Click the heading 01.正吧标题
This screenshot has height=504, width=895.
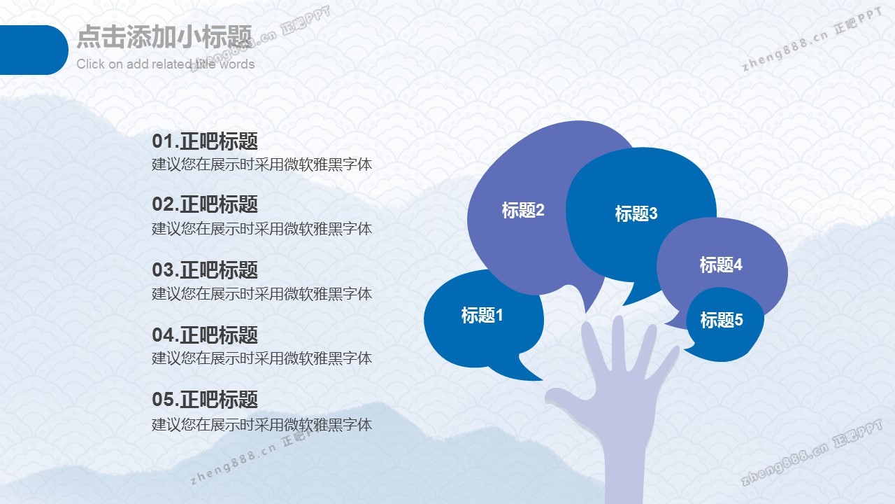(205, 141)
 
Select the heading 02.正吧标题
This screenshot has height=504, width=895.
(205, 204)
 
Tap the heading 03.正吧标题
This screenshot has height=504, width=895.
(205, 269)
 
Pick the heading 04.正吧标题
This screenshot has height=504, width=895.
(205, 335)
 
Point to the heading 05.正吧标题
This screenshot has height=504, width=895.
(205, 399)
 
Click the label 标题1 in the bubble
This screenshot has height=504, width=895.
(482, 315)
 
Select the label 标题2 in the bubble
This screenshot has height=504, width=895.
(523, 210)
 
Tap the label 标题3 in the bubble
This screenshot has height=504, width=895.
(636, 213)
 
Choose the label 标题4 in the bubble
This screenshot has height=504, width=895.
(721, 265)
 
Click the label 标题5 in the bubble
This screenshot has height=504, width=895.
(721, 320)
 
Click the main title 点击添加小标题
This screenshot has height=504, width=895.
(164, 37)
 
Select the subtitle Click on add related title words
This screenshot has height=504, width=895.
(166, 64)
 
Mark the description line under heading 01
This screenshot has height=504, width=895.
(262, 164)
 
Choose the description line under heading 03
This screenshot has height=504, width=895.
(262, 294)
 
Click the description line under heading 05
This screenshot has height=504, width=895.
(262, 424)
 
